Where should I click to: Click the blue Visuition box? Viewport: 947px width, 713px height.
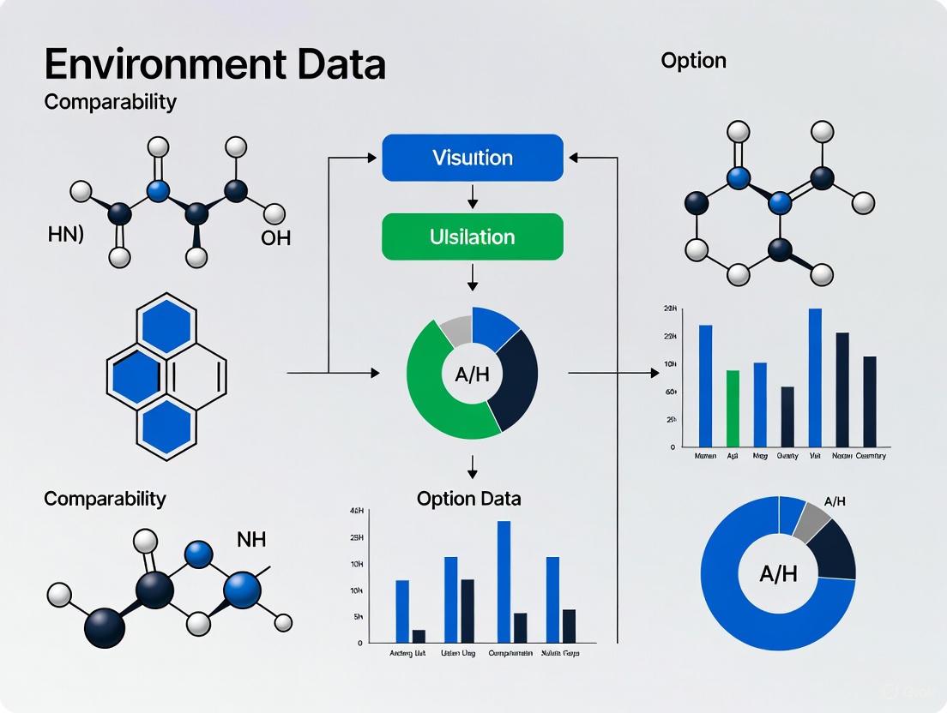(473, 158)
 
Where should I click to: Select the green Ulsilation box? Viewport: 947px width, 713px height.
(473, 237)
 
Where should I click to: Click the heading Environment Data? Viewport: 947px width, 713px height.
(215, 65)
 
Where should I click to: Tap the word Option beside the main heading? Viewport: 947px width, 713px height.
(693, 61)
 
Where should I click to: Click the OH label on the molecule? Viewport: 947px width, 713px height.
(275, 237)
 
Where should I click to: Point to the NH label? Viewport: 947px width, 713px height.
(250, 539)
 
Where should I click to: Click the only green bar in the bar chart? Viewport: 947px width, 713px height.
(733, 408)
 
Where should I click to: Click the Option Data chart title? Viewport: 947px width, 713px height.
(468, 498)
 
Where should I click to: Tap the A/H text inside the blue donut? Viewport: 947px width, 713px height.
(778, 573)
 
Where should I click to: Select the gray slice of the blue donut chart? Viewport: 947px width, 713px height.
(811, 520)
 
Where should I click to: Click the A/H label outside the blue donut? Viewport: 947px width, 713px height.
(835, 500)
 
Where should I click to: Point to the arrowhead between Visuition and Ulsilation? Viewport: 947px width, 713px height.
(473, 203)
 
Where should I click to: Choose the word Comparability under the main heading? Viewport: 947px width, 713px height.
(110, 102)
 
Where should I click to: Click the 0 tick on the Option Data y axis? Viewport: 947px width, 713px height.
(359, 643)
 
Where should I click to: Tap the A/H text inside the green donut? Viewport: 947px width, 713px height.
(471, 374)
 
